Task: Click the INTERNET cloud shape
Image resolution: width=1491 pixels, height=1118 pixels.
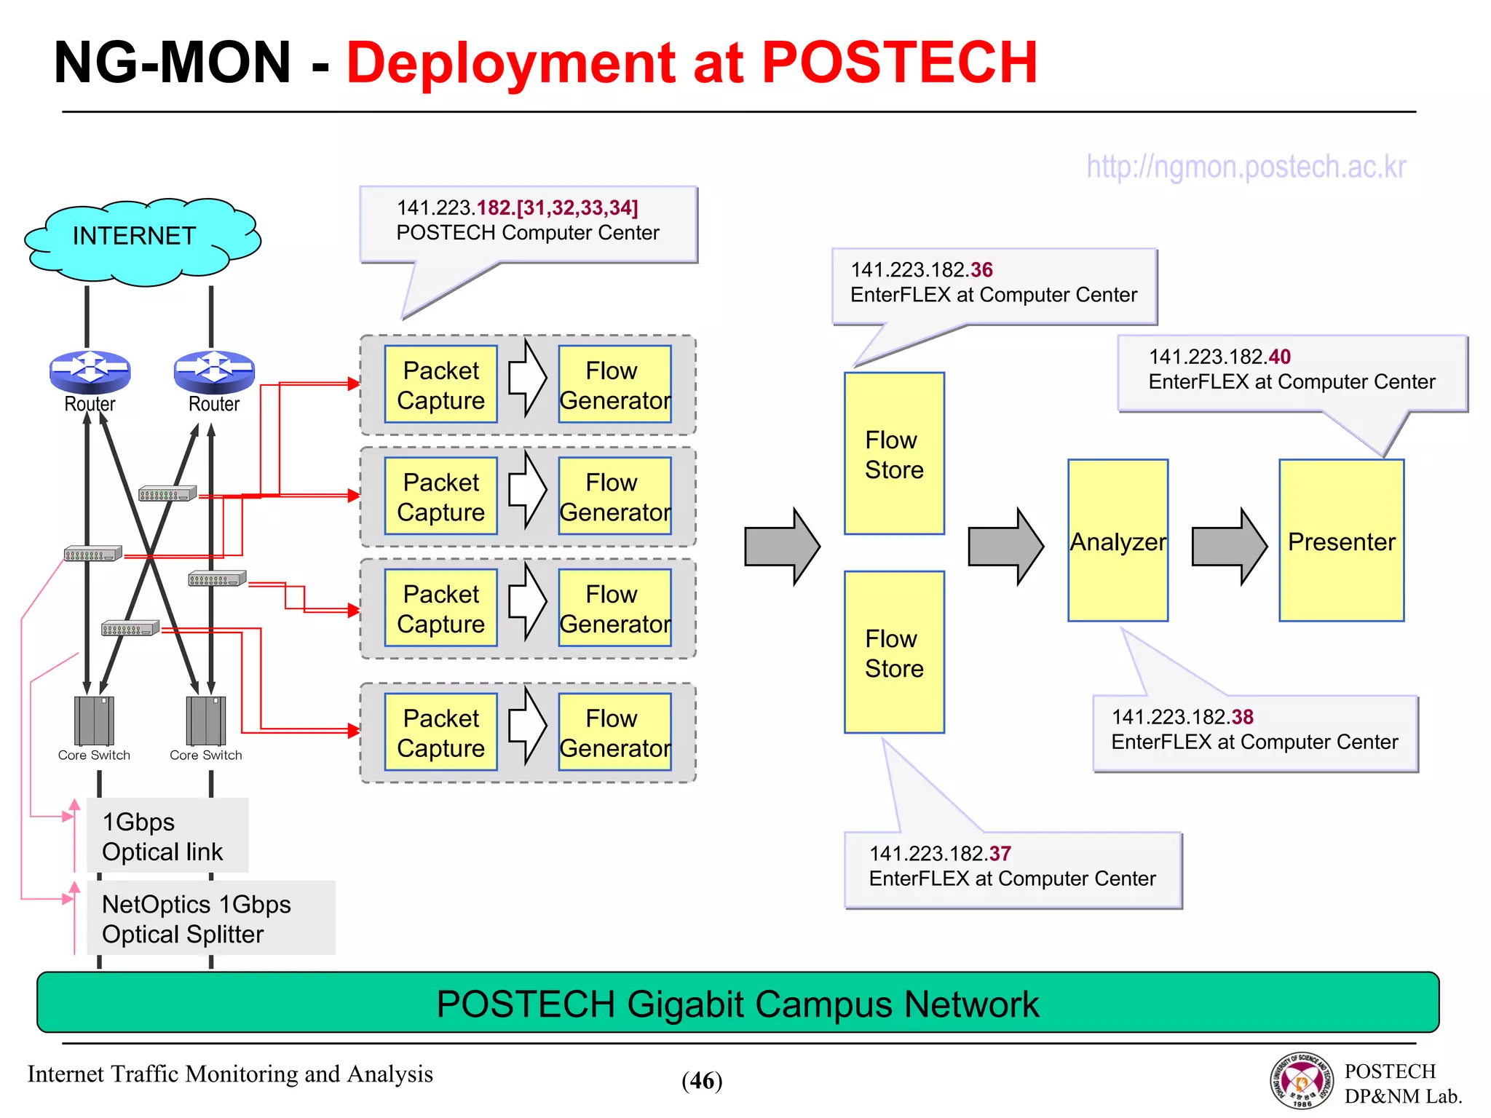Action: (142, 240)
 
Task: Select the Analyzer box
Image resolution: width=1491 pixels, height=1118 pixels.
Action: (1118, 540)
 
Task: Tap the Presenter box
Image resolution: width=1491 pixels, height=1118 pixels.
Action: (1341, 540)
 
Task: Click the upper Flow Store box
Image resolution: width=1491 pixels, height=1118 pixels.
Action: (894, 453)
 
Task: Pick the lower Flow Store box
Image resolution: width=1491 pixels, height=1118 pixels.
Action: (894, 652)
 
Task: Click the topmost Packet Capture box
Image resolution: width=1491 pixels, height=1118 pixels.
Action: (440, 384)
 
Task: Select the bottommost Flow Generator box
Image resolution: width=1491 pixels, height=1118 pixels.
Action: (614, 732)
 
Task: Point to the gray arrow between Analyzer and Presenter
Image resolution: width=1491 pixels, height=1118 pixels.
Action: (1229, 547)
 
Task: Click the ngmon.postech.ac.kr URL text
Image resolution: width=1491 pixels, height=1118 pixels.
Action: (1246, 167)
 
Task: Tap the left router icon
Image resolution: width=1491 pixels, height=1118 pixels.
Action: (90, 369)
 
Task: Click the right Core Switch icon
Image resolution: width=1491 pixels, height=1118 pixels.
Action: (206, 721)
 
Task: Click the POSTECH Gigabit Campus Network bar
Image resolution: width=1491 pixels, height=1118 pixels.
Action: (737, 1003)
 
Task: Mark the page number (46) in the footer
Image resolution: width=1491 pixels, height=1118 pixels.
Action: (702, 1081)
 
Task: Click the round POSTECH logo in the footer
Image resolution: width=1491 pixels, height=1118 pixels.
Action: (1302, 1081)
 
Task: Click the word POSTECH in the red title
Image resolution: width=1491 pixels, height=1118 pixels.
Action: (899, 63)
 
